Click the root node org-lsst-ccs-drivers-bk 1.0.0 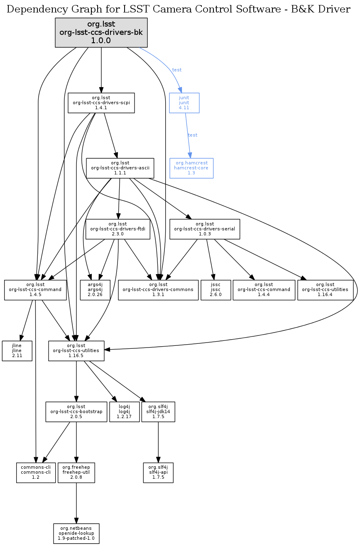(x=101, y=32)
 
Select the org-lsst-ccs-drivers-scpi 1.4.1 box (x=101, y=103)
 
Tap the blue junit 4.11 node (x=184, y=103)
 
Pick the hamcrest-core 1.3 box (x=191, y=168)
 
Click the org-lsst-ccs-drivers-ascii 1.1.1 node (x=120, y=168)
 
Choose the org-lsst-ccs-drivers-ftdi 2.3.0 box (x=118, y=229)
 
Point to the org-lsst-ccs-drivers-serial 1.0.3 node (x=205, y=229)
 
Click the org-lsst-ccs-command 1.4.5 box (x=35, y=290)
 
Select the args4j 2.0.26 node (x=95, y=290)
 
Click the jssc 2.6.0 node (x=215, y=290)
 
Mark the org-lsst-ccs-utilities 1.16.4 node (x=325, y=290)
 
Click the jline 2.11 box (x=17, y=350)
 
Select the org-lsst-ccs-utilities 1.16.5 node (x=76, y=350)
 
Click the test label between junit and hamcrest (x=193, y=135)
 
